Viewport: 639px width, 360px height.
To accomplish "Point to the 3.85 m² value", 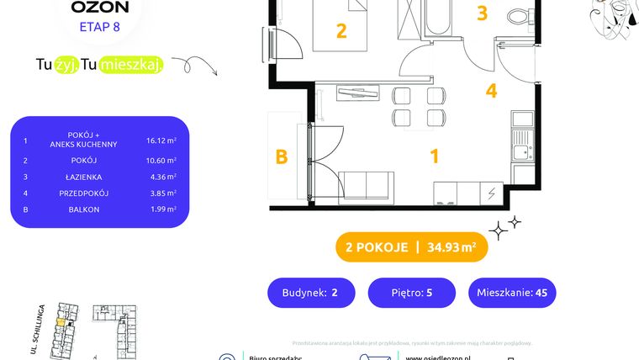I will tap(161, 193).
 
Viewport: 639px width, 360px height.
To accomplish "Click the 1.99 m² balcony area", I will tap(161, 209).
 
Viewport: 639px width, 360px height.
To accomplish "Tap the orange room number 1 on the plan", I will tap(435, 156).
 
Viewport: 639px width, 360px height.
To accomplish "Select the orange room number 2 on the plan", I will tap(341, 31).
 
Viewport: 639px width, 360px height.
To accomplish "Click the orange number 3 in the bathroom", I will tap(482, 13).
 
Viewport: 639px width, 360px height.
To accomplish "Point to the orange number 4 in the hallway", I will tap(491, 91).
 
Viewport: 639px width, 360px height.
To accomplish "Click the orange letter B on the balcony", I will tap(283, 156).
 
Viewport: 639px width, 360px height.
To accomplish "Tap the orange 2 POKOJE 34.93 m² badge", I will tap(411, 247).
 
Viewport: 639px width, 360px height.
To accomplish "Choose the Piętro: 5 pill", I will tap(411, 293).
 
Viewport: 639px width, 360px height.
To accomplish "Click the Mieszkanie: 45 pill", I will tap(513, 293).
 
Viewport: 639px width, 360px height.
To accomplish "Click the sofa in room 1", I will tap(367, 184).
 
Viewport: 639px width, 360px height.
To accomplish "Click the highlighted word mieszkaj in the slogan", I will tap(131, 65).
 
